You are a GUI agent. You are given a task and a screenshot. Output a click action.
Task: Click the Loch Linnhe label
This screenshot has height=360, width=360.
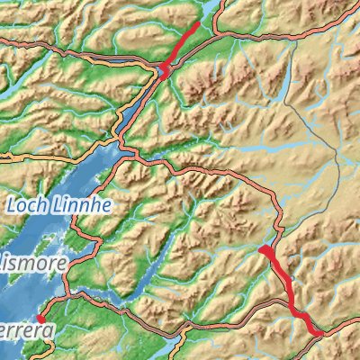click(58, 205)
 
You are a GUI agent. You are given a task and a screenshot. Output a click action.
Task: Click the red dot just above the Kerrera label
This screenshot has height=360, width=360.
click(40, 319)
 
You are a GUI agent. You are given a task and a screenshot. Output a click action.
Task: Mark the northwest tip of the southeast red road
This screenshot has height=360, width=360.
click(261, 247)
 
